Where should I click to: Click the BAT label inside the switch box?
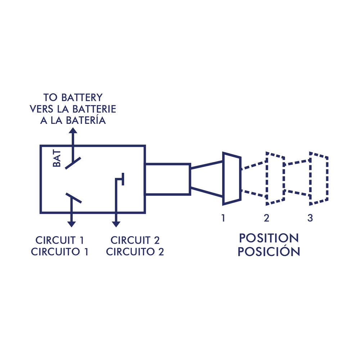point(57,159)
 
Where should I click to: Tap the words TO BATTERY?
point(73,98)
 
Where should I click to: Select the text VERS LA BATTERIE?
point(73,109)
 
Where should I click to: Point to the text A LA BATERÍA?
point(73,121)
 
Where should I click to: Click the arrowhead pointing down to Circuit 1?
point(72,224)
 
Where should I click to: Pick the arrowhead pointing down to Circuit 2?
point(116,224)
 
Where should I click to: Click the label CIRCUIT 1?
point(59,240)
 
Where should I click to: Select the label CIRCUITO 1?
point(59,252)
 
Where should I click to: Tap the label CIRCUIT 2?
point(135,240)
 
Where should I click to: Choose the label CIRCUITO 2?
point(135,252)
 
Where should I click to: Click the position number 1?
point(223,218)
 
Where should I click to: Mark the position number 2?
point(266,218)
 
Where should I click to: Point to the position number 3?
point(310,218)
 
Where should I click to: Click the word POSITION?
point(269,238)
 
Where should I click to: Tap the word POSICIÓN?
point(269,252)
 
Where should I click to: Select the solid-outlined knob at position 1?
point(231,178)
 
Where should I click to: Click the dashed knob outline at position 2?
point(275,178)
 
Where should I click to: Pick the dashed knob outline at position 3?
point(319,178)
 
